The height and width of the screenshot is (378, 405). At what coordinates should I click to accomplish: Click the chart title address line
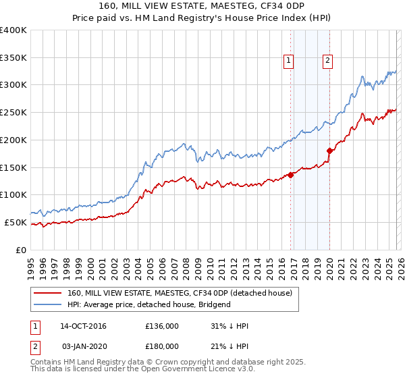click(202, 7)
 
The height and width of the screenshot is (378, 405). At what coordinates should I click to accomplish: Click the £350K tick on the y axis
click(13, 57)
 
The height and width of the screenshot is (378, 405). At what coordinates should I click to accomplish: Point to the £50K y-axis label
click(16, 222)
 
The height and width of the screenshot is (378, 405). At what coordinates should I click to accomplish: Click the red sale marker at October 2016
click(291, 175)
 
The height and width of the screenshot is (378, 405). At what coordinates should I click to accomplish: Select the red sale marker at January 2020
click(329, 151)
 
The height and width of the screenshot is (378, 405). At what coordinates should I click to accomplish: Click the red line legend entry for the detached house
click(180, 294)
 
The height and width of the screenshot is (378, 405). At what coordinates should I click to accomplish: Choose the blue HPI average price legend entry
click(148, 304)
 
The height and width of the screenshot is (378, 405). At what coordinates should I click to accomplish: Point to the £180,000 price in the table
click(161, 346)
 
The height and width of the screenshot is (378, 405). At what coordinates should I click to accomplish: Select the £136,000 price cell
click(161, 326)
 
